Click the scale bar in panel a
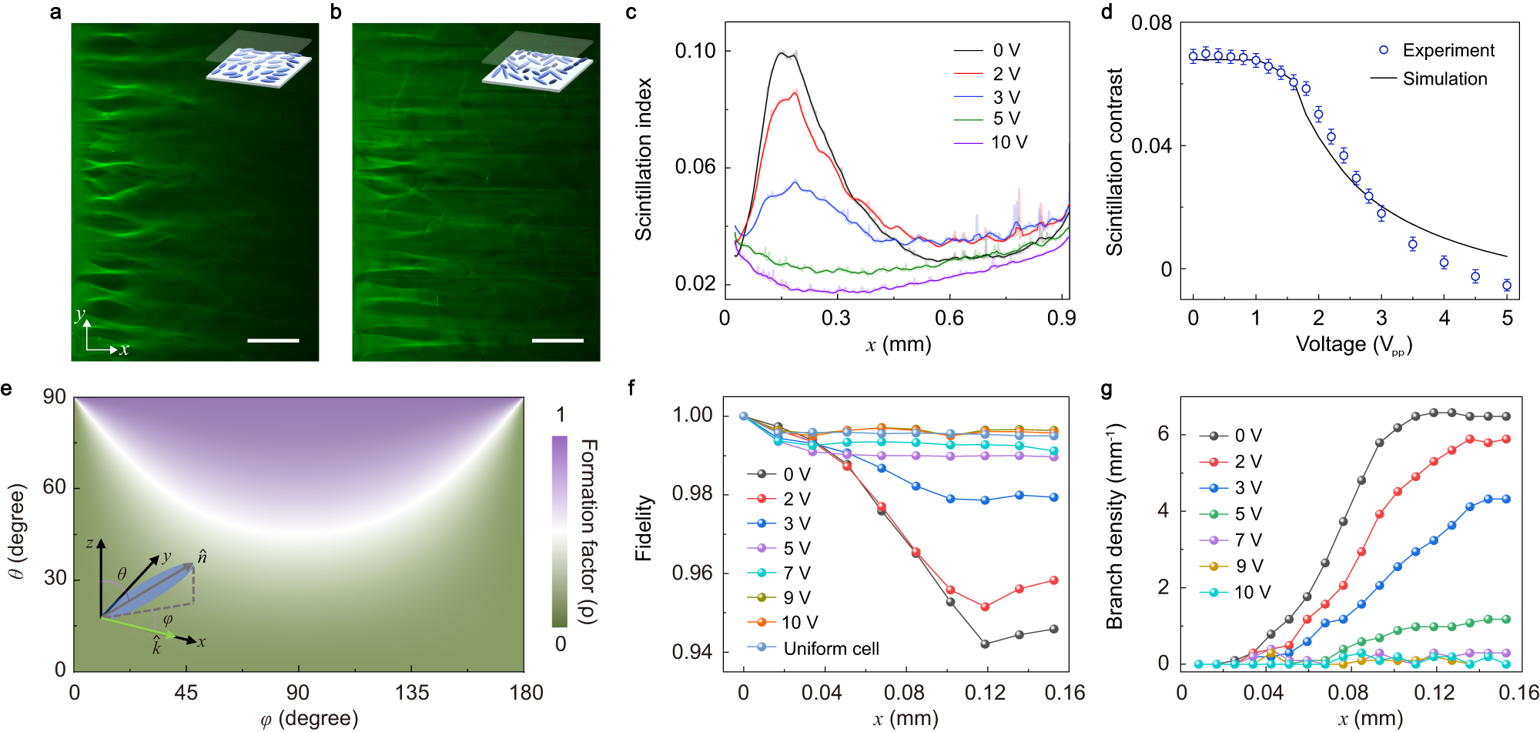[x=273, y=339]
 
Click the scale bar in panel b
[x=557, y=339]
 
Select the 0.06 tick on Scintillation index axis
[x=695, y=167]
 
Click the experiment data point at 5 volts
[x=1507, y=286]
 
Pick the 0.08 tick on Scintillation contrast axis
[x=1151, y=23]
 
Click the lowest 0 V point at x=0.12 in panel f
[x=985, y=643]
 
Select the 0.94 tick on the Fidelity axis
[x=693, y=652]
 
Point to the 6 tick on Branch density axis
[x=1163, y=434]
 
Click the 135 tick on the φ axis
[x=412, y=692]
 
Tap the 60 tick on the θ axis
[x=55, y=487]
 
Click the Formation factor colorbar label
[x=588, y=531]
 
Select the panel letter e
[x=7, y=388]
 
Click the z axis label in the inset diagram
[x=90, y=543]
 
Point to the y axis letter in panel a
[x=79, y=315]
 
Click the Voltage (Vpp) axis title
[x=1353, y=344]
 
